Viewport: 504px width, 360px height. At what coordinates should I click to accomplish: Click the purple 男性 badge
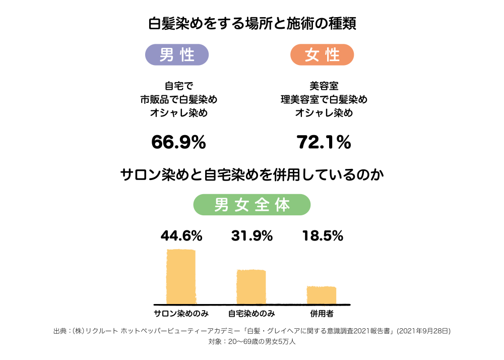coord(177,54)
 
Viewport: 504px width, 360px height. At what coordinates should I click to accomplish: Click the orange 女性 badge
coord(322,54)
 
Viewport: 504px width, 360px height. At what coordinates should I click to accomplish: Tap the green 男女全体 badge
coord(252,205)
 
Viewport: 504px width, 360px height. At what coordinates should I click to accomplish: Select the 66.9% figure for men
coord(178,143)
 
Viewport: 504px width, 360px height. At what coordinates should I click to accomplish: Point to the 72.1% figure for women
coord(324,143)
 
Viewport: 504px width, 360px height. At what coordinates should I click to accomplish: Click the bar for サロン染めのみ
coord(181,276)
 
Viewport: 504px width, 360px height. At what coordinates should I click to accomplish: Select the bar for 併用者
coord(322,295)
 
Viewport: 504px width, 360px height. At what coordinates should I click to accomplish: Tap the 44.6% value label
coord(181,235)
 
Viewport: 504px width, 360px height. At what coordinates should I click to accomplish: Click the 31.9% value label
coord(252,235)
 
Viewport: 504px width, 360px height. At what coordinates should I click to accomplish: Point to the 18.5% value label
coord(323,235)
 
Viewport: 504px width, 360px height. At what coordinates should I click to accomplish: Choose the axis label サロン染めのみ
coord(181,314)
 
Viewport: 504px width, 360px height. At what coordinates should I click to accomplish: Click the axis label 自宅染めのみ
coord(251,314)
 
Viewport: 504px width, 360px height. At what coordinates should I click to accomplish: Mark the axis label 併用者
coord(322,314)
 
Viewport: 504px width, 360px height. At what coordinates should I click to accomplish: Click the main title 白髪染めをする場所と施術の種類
coord(252,24)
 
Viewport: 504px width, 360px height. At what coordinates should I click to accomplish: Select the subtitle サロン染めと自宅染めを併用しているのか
coord(252,175)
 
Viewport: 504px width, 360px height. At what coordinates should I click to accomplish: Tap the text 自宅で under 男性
coord(178,86)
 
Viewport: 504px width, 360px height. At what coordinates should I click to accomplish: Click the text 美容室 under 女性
coord(324,86)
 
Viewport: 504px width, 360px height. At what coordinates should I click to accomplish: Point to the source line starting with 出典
coord(251,331)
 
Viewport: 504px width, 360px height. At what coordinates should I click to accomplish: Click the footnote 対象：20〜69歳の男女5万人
coord(251,341)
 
